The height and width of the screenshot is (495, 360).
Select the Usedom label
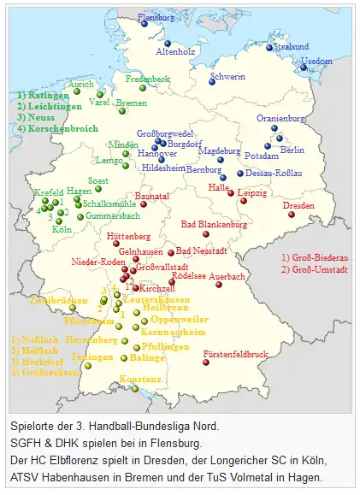click(x=317, y=62)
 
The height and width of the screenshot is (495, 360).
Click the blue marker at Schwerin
click(x=211, y=82)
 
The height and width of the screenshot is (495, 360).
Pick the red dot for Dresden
click(x=291, y=215)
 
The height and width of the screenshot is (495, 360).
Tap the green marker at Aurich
click(x=100, y=95)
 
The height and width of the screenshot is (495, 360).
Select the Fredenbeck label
click(x=148, y=78)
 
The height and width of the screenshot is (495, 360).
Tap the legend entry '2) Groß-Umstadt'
click(x=314, y=270)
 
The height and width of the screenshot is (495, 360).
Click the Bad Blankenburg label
click(x=214, y=224)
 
